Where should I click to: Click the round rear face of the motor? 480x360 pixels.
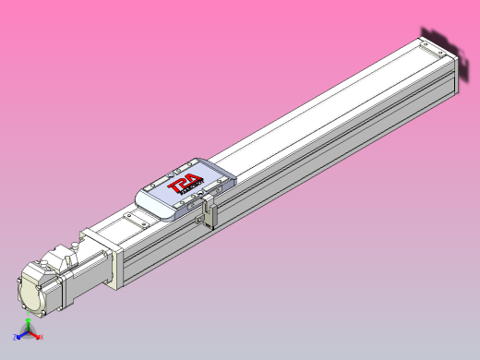[x=34, y=293]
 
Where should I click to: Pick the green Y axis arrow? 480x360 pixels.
[x=28, y=324]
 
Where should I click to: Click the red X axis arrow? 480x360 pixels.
[x=40, y=337]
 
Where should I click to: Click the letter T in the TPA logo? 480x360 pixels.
[x=173, y=187]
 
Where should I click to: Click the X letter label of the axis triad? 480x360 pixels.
[x=42, y=338]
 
